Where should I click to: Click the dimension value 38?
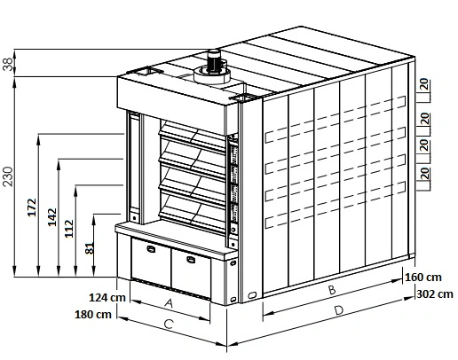coord(7,64)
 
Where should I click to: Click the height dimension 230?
coord(8,176)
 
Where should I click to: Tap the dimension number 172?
coord(32,207)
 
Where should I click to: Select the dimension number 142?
coord(52,217)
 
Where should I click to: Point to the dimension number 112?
coord(69,229)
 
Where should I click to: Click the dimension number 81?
coord(90,248)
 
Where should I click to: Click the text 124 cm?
coord(107,297)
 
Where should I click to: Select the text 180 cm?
coord(93,315)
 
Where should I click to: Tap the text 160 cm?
coord(423,278)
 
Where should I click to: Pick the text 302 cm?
coord(435,294)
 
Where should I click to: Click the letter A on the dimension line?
coord(169,303)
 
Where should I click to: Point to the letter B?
coord(332,290)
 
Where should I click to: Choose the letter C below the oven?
coord(169,325)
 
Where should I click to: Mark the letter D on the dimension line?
coord(339,310)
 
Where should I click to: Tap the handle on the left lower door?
coord(151,249)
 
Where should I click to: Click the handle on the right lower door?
coord(191,260)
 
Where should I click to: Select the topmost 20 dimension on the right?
coord(423,85)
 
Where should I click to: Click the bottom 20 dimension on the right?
coord(424,174)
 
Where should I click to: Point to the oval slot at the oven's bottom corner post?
coord(252,294)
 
